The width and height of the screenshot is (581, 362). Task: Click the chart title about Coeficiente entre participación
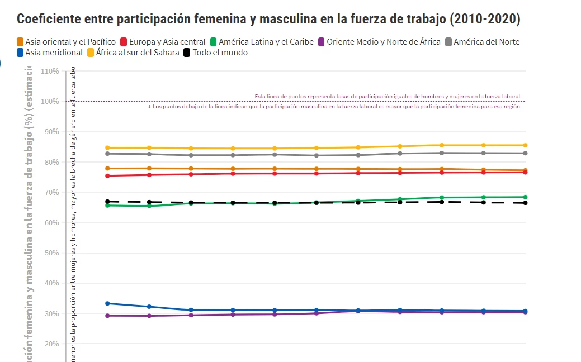pyautogui.click(x=268, y=20)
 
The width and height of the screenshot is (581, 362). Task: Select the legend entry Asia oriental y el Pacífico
pyautogui.click(x=66, y=42)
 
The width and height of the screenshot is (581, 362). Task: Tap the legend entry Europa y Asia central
pyautogui.click(x=162, y=42)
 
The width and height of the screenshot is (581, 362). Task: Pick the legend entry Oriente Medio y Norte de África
pyautogui.click(x=379, y=42)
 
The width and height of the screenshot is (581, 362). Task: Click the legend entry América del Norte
pyautogui.click(x=481, y=42)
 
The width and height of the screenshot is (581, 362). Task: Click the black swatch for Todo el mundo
pyautogui.click(x=187, y=53)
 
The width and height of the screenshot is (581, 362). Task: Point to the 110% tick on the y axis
pyautogui.click(x=50, y=72)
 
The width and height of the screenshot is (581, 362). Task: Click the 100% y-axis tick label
pyautogui.click(x=50, y=102)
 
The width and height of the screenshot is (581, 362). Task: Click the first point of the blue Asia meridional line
pyautogui.click(x=107, y=303)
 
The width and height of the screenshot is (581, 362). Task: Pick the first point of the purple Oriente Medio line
pyautogui.click(x=107, y=316)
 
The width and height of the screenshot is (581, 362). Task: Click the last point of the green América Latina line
pyautogui.click(x=525, y=197)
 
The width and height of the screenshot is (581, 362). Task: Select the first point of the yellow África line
pyautogui.click(x=107, y=148)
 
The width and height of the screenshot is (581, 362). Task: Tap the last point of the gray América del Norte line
pyautogui.click(x=525, y=153)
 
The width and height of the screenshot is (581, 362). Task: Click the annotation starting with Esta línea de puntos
pyautogui.click(x=388, y=96)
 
